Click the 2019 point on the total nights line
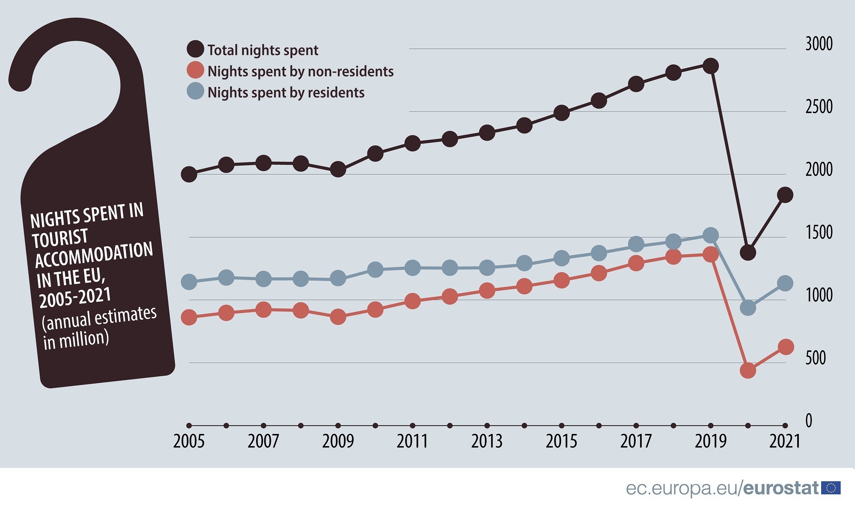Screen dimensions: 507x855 coord(711,66)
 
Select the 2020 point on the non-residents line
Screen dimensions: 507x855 coord(748,370)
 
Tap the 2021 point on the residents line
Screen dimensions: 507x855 coord(785,283)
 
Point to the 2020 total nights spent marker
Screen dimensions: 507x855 coord(748,252)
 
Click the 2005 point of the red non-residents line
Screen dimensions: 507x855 coord(189,317)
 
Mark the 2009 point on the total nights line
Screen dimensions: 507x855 coord(338,169)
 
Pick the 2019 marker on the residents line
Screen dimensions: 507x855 coord(711,235)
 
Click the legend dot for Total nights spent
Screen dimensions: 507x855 coord(195,49)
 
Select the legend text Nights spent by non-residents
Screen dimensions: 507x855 coord(300,71)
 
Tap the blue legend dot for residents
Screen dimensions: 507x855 coord(195,91)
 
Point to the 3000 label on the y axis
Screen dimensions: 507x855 coord(818,44)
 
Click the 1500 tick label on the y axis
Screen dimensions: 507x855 coord(818,232)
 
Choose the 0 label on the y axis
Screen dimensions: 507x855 coord(809,421)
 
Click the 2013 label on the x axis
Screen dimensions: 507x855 coord(487,442)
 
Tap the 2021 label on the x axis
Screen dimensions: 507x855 coord(784,442)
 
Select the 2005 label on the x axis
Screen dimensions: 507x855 coord(189,442)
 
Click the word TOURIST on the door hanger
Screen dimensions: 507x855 coord(60,238)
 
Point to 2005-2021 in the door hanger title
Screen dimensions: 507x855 coord(75,297)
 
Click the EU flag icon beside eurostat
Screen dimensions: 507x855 coord(830,488)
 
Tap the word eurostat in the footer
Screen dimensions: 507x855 coord(781,488)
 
